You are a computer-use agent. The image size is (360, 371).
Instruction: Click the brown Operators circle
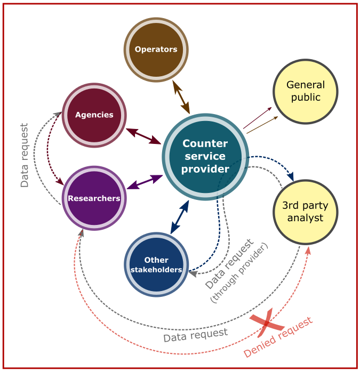tap(156, 50)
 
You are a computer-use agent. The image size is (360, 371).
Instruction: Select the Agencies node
tap(94, 115)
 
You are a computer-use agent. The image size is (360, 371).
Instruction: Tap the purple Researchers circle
tap(94, 198)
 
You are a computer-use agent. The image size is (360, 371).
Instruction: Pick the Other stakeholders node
tap(156, 264)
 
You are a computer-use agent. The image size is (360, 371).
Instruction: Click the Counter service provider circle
tap(205, 157)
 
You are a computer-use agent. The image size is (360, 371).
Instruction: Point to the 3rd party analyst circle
tap(305, 212)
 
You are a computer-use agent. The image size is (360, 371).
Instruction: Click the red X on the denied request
tap(267, 322)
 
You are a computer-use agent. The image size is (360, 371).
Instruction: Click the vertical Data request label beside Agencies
tap(25, 155)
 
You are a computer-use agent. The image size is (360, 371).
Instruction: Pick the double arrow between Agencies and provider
tap(144, 136)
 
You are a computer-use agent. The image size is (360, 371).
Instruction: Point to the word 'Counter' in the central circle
tap(205, 143)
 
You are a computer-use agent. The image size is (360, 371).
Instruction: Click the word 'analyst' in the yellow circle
tap(305, 217)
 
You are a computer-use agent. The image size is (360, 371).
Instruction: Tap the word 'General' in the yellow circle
tap(305, 85)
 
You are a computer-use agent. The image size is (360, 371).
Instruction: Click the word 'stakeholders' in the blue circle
tap(156, 270)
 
